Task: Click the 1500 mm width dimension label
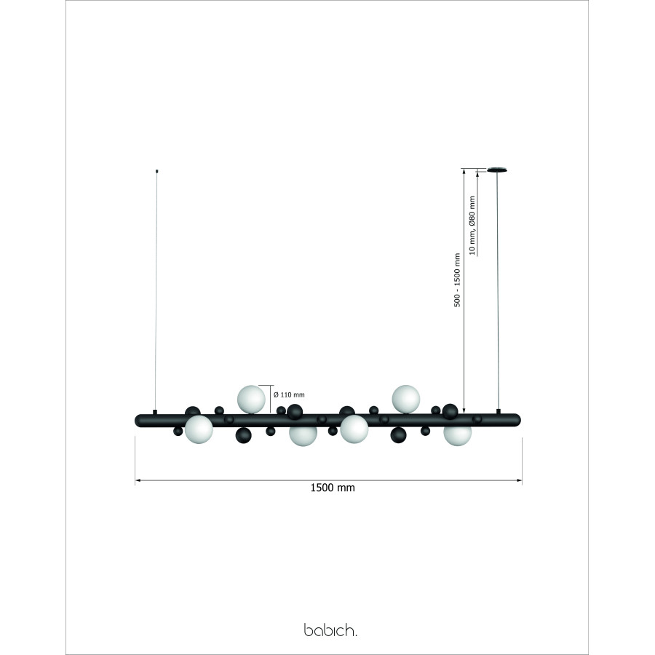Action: [333, 488]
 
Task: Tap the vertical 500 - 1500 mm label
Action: [457, 280]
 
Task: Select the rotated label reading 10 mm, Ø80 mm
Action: [472, 226]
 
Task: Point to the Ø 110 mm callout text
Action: [289, 394]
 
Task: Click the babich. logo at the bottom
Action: [330, 630]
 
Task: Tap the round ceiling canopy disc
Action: [497, 170]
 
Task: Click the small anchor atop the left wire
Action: [156, 170]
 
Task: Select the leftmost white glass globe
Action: [199, 429]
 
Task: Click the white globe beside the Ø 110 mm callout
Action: [251, 399]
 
